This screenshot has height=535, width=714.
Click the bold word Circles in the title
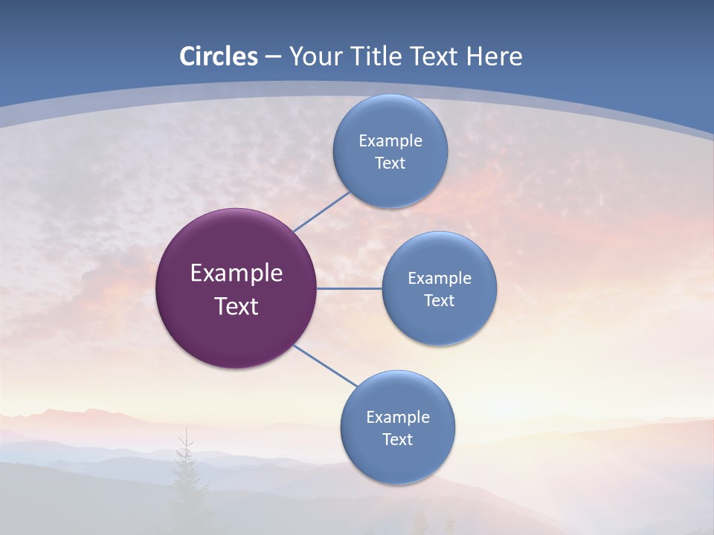click(218, 56)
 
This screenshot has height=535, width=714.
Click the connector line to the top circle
click(321, 211)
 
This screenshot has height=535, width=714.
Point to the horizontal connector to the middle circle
click(349, 288)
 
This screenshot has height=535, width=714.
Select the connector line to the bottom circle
click(325, 366)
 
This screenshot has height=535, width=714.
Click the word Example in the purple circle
click(236, 273)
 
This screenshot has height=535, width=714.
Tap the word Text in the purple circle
click(236, 306)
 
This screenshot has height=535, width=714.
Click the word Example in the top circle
click(390, 141)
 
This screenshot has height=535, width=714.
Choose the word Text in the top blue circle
click(390, 163)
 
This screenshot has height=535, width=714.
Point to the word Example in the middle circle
click(439, 279)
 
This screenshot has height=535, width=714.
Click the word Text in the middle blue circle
click(439, 301)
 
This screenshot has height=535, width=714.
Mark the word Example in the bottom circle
click(397, 418)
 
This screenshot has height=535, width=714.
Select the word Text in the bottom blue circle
click(397, 440)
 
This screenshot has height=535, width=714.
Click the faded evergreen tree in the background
click(184, 476)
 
